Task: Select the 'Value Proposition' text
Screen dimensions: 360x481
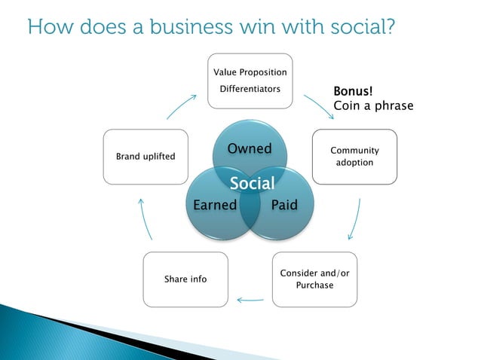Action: point(250,72)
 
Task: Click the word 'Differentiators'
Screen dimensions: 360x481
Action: point(250,90)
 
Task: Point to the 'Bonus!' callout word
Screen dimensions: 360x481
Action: point(354,92)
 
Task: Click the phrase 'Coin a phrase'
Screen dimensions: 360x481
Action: point(373,106)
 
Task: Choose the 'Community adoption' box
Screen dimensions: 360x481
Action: point(354,157)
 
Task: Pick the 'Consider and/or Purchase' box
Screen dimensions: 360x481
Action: point(315,279)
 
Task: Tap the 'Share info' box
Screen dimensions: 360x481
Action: point(185,279)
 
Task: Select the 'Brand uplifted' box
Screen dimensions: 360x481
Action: point(146,157)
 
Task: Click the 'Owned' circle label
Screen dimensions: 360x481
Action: point(250,148)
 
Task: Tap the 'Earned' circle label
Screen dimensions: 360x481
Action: point(215,205)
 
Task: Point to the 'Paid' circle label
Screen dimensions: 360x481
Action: point(284,205)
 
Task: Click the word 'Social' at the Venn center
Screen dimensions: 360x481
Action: point(252,184)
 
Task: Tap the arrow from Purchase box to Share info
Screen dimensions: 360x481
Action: point(250,300)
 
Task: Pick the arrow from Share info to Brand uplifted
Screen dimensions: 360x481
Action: point(146,218)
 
